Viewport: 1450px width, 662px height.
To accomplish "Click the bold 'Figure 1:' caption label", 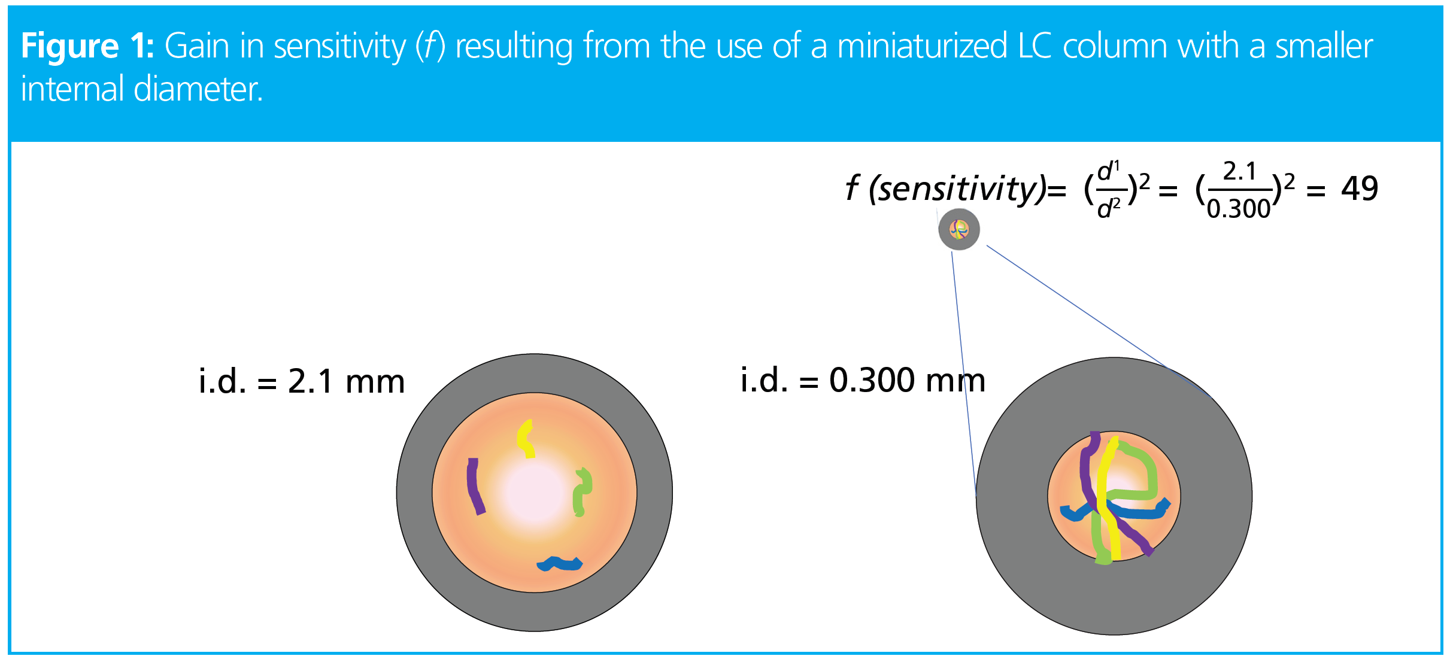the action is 87,46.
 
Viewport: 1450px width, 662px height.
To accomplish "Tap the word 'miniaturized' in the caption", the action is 922,46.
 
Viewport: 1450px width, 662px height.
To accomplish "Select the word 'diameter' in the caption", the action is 198,89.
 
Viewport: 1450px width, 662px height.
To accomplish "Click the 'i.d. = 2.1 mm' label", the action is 302,381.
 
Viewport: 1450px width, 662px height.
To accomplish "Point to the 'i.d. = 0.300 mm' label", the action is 863,379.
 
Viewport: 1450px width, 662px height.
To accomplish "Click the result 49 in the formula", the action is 1359,189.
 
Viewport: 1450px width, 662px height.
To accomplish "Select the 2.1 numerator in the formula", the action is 1239,172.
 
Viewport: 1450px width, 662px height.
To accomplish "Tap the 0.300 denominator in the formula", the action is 1238,208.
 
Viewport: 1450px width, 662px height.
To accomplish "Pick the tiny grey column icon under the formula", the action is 958,229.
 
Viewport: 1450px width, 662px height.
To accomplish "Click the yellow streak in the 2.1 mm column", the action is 526,438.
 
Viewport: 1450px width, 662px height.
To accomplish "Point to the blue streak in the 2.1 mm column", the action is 560,564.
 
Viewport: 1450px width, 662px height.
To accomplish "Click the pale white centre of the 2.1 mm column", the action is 534,492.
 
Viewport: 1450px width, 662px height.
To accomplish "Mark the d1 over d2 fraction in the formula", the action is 1109,190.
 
